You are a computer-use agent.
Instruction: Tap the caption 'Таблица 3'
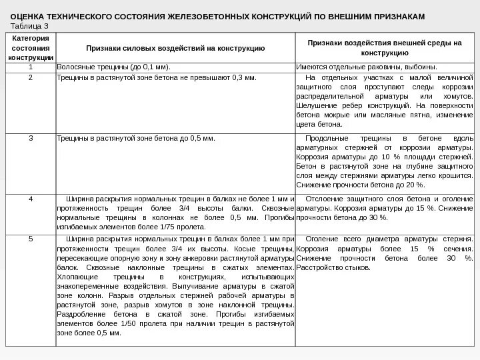click(30, 25)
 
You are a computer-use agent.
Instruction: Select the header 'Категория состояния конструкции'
click(30, 48)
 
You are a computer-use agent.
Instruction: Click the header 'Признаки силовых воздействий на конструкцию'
click(176, 48)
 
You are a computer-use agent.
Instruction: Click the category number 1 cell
click(31, 67)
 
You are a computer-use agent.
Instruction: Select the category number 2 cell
click(31, 77)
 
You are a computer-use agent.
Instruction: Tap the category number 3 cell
click(31, 139)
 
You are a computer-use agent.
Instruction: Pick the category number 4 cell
click(31, 199)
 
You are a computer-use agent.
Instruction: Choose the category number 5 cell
click(31, 238)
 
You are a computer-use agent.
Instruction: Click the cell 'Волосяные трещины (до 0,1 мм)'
click(114, 67)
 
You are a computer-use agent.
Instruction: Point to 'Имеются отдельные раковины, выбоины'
click(367, 67)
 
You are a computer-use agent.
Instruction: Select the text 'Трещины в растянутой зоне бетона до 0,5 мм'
click(137, 139)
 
